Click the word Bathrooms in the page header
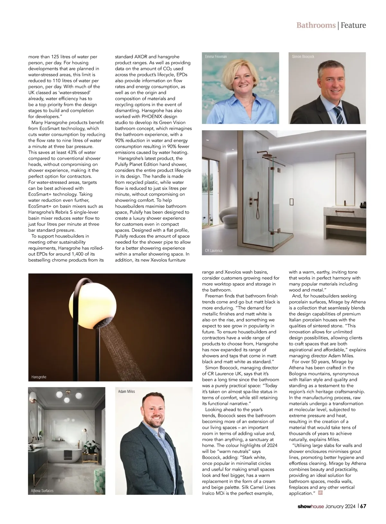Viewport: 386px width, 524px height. pos(316,25)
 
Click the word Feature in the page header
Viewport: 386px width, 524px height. pos(353,25)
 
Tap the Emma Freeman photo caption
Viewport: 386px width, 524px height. pos(216,57)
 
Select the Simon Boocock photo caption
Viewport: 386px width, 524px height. pos(303,57)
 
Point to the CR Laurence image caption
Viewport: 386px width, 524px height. pos(214,250)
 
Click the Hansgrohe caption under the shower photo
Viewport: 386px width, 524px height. pos(39,377)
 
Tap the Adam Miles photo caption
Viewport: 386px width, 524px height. pos(126,392)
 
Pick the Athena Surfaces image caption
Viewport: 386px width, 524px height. pos(42,491)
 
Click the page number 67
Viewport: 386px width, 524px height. pos(363,506)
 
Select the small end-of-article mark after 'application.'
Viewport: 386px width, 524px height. pos(320,492)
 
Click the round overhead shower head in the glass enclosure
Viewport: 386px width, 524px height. pos(268,156)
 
